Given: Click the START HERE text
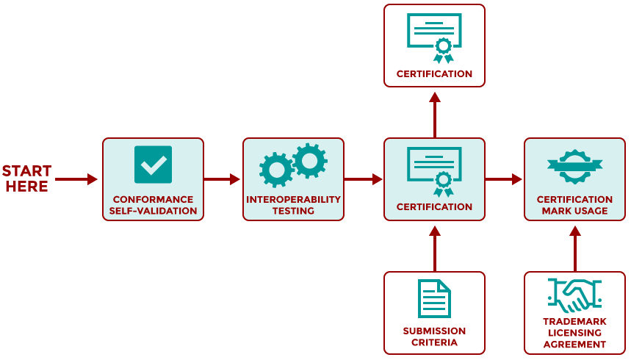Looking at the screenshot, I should [27, 179].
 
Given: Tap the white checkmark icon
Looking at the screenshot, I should [153, 165].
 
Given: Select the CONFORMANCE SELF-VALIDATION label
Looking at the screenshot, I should [153, 205].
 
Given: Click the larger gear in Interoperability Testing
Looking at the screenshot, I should [277, 170].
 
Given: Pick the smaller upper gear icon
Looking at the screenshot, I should [310, 159].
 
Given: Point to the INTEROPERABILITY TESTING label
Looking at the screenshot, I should [293, 205].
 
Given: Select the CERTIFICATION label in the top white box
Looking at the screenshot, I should [434, 73].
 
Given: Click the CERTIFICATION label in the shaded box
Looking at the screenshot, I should [434, 206].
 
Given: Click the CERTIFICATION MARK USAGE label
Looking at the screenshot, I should [574, 205].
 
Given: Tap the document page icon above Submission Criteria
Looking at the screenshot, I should [434, 298].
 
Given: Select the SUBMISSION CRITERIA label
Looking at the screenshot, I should [434, 336].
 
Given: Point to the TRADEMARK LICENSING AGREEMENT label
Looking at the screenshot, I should [574, 333].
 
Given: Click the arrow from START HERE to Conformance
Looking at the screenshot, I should [76, 179].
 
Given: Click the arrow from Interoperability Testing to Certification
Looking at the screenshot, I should [364, 179].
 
